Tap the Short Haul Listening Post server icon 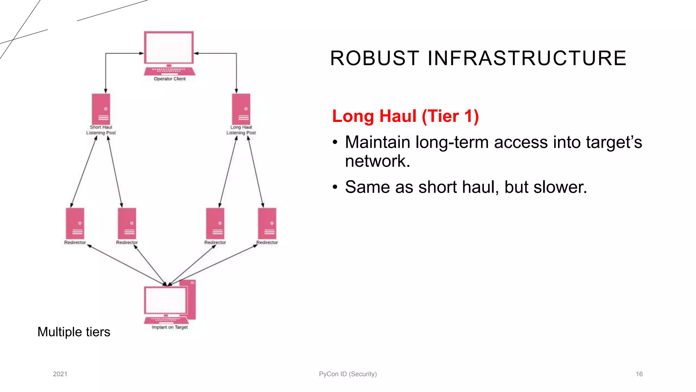(101, 109)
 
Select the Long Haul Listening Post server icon (241, 109)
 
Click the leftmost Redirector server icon (75, 223)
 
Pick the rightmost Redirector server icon (267, 223)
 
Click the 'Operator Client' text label (170, 79)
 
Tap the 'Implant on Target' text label (170, 327)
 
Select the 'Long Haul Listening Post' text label (241, 130)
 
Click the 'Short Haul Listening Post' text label (101, 130)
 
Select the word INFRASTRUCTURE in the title (527, 58)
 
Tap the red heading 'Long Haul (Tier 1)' (405, 116)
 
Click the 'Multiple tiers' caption (74, 332)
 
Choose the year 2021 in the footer (60, 374)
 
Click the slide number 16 (639, 374)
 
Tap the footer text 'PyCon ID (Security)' (348, 374)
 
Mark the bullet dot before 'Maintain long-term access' (335, 142)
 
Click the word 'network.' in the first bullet (378, 161)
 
